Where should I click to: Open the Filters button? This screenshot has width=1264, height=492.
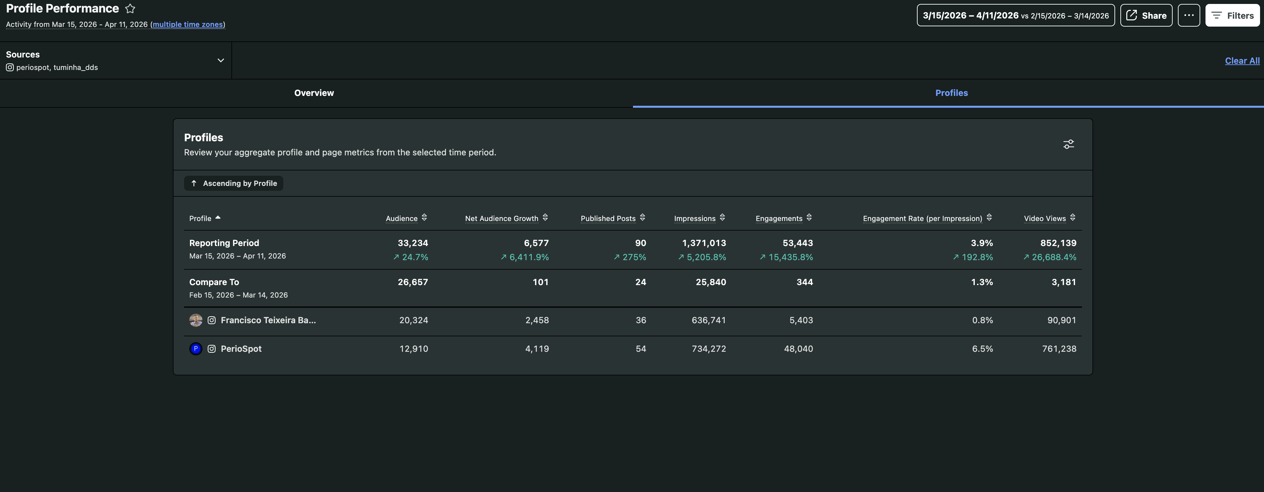coord(1232,15)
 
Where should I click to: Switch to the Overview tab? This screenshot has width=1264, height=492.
coord(314,93)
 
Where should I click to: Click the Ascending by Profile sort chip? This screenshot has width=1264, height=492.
coord(234,183)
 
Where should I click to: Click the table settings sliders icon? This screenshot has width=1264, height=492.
coord(1068,144)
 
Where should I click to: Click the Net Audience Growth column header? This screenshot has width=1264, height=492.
coord(502,218)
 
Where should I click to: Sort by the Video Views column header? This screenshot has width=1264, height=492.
coord(1045,218)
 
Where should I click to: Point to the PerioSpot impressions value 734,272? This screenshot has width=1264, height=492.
coord(709,349)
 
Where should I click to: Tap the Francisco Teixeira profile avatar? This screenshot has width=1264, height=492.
coord(196,320)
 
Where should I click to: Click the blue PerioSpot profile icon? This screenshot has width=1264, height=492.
coord(196,349)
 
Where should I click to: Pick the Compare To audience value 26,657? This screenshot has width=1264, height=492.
coord(413,282)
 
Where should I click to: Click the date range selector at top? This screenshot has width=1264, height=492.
coord(1015,15)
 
